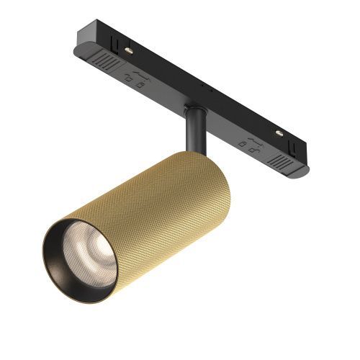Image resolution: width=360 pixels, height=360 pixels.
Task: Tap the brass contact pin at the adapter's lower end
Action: (x=279, y=134)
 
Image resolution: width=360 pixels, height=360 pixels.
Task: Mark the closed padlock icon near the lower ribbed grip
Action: (x=254, y=152)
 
